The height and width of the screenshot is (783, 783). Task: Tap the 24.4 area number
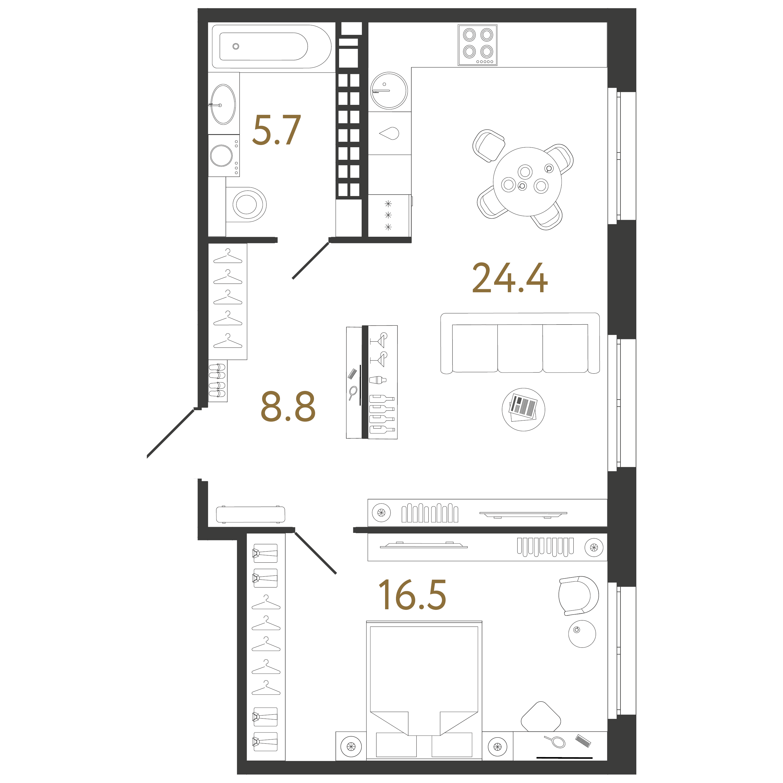510,278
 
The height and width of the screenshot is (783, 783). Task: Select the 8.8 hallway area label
288,406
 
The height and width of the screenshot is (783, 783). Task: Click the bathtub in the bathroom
272,47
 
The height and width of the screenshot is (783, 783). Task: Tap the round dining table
527,182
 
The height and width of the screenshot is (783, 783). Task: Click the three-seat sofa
520,343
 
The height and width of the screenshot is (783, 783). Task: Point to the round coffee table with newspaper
523,409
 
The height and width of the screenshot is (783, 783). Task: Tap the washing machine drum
221,156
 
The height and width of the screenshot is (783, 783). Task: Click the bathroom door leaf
310,261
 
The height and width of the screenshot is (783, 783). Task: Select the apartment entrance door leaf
170,434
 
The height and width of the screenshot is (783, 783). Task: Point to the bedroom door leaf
315,553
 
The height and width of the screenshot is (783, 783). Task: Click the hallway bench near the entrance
250,514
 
